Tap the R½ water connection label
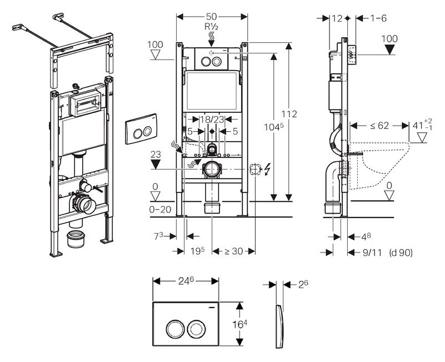click(212, 27)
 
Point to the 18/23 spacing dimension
click(211, 119)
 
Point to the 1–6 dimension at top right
click(378, 18)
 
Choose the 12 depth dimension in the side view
click(336, 18)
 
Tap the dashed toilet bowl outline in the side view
click(383, 167)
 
